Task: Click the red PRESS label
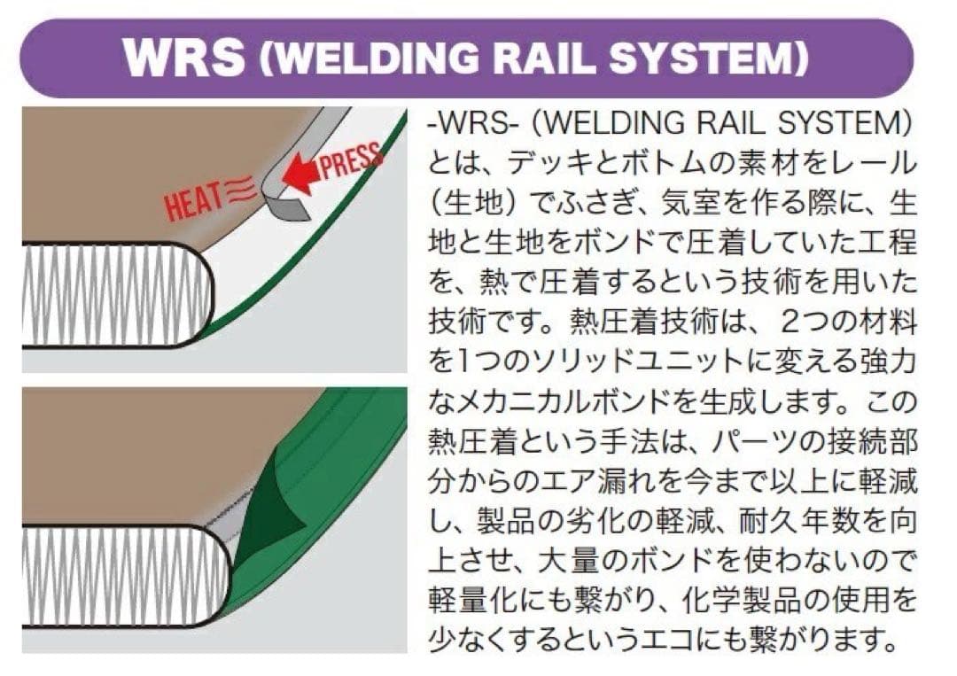351,163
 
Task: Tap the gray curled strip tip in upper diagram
288,209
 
